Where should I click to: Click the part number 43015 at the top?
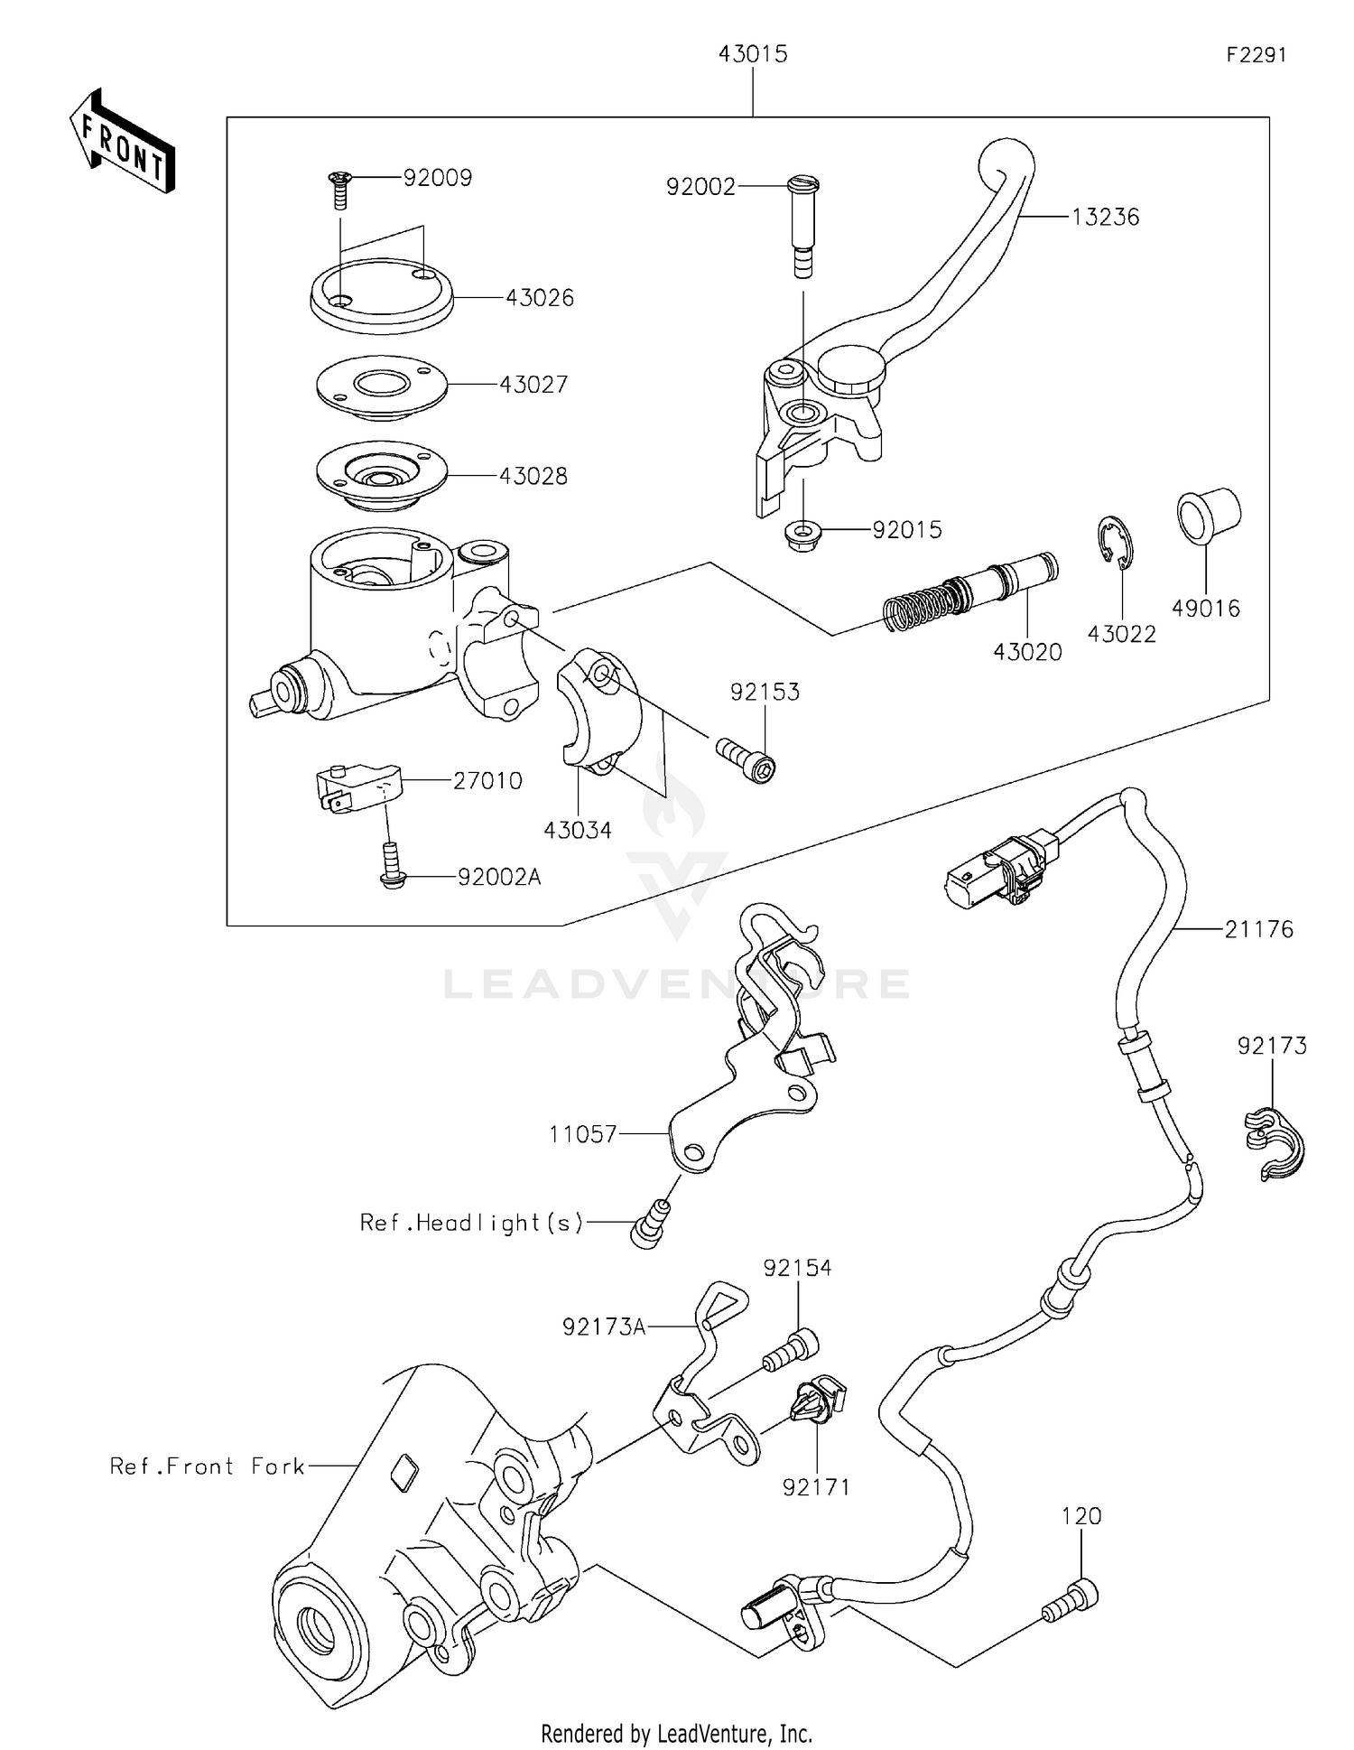pos(753,54)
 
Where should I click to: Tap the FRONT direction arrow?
pos(122,142)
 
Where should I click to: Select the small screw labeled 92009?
pos(340,189)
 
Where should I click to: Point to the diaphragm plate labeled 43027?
pos(382,386)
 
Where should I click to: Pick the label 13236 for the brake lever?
pos(1105,218)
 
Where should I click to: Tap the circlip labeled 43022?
pos(1118,543)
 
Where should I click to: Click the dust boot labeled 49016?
pos(1208,516)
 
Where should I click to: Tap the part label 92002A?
pos(498,877)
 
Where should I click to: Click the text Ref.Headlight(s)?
pos(471,1223)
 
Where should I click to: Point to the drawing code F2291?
pos(1256,55)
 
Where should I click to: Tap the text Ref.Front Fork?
pos(208,1466)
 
